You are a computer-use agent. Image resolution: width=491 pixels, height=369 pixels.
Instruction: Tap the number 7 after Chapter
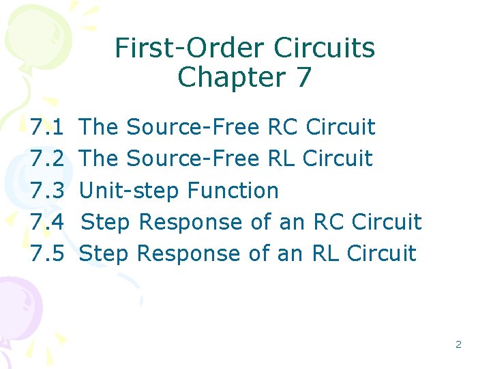point(303,77)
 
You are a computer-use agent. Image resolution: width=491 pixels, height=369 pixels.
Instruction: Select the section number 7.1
point(48,127)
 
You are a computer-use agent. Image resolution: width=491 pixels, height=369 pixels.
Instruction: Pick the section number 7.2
point(48,159)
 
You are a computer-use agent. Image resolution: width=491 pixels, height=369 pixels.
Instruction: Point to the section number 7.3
point(48,191)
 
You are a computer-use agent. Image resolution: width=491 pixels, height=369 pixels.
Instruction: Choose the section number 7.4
point(48,222)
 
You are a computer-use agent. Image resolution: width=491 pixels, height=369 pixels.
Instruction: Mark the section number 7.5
point(48,254)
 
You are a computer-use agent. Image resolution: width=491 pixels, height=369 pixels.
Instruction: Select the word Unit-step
point(130,191)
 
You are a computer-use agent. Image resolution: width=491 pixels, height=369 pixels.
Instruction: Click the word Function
point(233,191)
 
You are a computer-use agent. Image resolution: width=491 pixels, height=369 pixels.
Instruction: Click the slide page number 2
point(458,344)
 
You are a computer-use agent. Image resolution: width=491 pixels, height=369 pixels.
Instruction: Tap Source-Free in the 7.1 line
point(193,127)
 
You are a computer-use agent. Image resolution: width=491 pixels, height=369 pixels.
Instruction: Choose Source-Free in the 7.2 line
point(193,159)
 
